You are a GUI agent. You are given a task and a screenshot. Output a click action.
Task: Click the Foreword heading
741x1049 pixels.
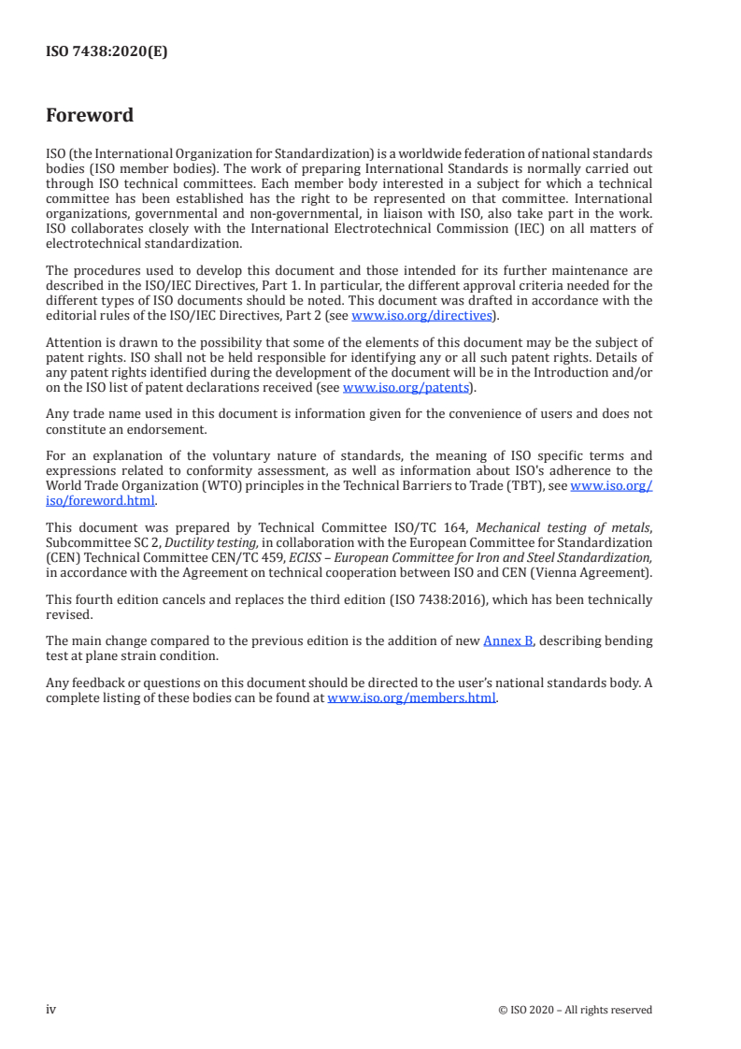pos(90,116)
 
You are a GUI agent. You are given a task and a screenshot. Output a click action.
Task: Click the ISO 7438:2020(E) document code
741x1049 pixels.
pos(107,52)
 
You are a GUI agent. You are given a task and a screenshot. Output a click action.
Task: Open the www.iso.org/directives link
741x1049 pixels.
pos(420,316)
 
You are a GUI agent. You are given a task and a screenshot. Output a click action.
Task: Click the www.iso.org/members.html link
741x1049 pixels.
pos(411,697)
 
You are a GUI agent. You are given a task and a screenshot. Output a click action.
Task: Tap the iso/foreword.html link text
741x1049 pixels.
pos(100,499)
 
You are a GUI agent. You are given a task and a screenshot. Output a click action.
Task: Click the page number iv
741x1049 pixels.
pos(51,1009)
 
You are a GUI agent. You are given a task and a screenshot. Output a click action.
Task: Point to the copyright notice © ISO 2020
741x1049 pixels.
pos(575,1010)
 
